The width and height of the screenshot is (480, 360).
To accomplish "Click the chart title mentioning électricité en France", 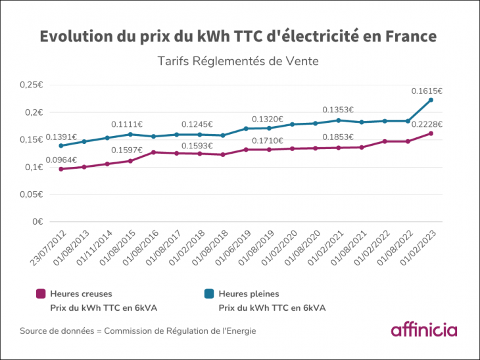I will (x=238, y=35).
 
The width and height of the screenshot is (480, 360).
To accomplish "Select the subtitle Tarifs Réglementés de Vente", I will (x=238, y=62).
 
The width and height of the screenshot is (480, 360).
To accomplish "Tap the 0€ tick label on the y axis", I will (x=37, y=222).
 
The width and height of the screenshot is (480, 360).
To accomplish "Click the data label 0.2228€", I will (x=427, y=124).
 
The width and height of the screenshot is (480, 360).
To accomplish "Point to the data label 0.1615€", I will (x=427, y=91).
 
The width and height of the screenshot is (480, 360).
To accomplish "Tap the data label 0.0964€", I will (x=61, y=160).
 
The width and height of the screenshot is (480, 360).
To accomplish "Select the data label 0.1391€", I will (x=61, y=137).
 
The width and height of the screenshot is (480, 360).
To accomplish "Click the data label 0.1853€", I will (x=338, y=137).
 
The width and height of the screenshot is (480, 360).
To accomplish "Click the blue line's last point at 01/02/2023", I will (x=431, y=100).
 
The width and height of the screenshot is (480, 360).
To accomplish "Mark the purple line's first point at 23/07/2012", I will (x=61, y=169).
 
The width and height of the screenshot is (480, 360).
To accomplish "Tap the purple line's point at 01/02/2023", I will (x=431, y=133).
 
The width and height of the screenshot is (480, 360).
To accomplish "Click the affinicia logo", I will (x=423, y=329).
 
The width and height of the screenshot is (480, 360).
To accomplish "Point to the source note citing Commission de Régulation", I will (x=138, y=330).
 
